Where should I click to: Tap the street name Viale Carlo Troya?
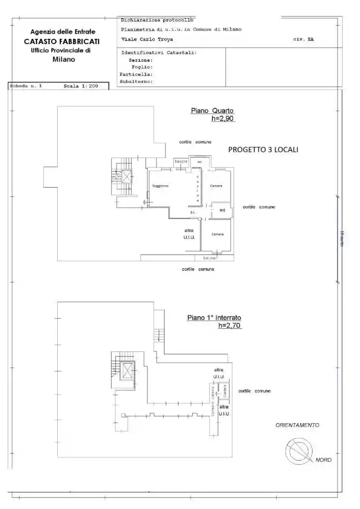point(147,39)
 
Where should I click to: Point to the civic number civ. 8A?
point(303,39)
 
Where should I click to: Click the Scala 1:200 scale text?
point(81,86)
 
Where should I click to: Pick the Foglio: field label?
point(142,67)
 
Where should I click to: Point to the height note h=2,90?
point(223,118)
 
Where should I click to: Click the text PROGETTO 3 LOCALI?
point(263,150)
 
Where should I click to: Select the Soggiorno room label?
point(160,186)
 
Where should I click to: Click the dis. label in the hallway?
point(193,212)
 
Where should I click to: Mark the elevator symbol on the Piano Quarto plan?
point(127,176)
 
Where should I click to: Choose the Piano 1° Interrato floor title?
point(214,318)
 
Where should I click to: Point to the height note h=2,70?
point(229,326)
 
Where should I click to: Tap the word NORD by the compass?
point(324,460)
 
